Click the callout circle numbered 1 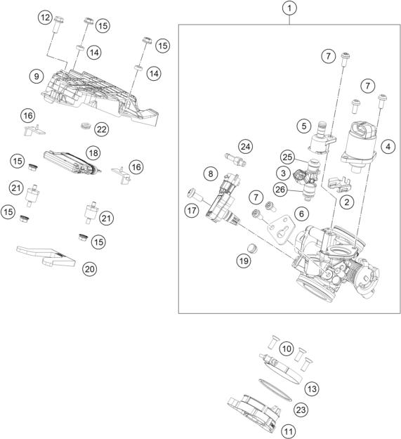click(x=289, y=9)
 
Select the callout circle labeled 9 click(x=33, y=74)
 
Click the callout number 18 click(x=91, y=152)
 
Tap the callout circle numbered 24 click(x=244, y=147)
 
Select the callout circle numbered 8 click(x=209, y=173)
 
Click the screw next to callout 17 click(x=191, y=191)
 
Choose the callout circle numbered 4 click(x=387, y=147)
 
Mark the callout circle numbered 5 click(x=303, y=126)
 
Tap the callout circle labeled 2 click(x=346, y=202)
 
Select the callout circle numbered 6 click(x=302, y=213)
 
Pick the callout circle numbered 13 click(x=312, y=387)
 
